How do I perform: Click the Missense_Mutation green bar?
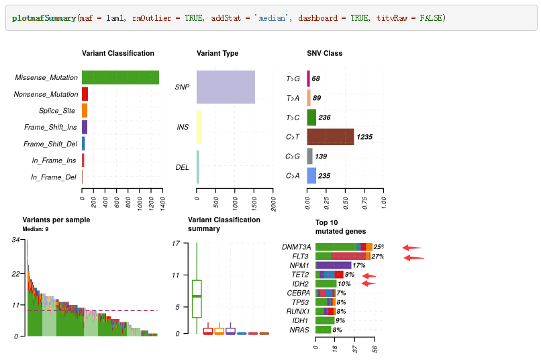click(x=120, y=77)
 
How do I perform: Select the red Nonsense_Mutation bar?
click(x=85, y=94)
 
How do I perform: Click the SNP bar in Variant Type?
click(x=226, y=87)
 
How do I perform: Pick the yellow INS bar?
click(x=199, y=127)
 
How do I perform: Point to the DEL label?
click(x=182, y=167)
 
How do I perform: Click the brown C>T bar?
click(x=330, y=137)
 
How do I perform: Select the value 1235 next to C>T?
click(x=364, y=137)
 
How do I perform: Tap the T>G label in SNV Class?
click(x=293, y=79)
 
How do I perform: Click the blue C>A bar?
click(x=311, y=176)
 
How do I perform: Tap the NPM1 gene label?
click(x=299, y=265)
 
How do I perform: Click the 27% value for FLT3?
click(x=377, y=256)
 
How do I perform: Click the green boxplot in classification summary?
click(x=197, y=298)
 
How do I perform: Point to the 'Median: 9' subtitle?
click(x=35, y=229)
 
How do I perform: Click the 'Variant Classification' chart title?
click(x=118, y=53)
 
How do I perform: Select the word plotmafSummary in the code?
click(x=44, y=17)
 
